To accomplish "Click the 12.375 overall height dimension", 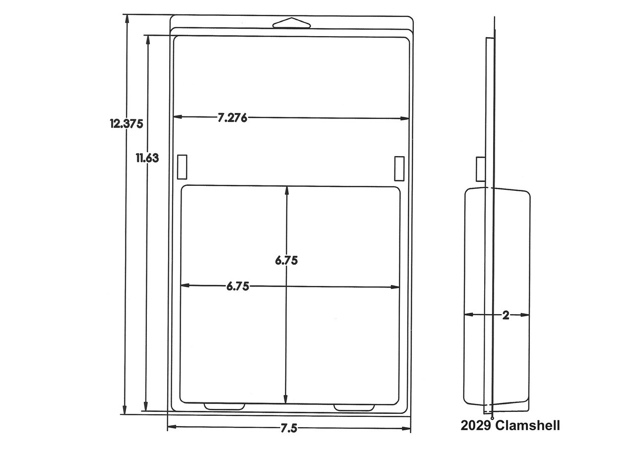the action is coord(127,124).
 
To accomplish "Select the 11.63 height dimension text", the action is coord(147,158).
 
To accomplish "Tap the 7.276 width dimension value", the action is coord(232,118).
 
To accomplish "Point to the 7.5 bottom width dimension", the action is coord(289,429).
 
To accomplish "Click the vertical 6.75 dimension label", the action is coord(286,261).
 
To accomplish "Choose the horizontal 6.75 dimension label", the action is coord(238,286).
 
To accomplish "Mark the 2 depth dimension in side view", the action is coord(506,315).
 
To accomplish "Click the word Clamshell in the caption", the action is coord(527,426).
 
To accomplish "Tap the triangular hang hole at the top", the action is coord(291,23).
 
